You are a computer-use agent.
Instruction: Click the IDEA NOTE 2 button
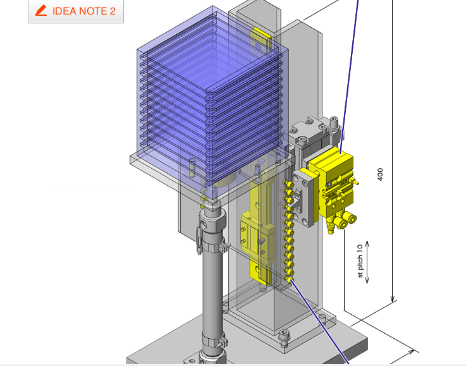point(76,11)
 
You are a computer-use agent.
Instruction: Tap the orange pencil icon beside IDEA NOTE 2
point(41,11)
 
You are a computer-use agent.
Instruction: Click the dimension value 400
point(380,174)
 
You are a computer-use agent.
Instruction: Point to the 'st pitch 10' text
point(360,261)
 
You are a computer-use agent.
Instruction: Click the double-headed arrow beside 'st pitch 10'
point(367,262)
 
